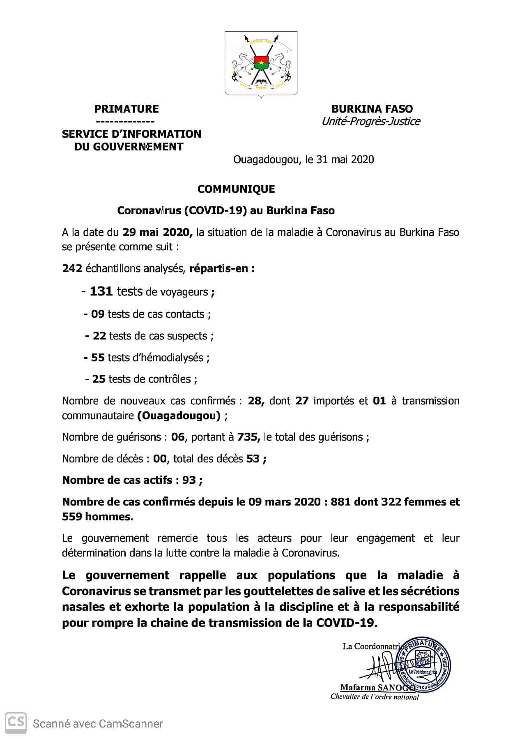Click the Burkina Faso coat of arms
[261, 64]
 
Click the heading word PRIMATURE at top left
[126, 109]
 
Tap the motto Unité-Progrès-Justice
[370, 122]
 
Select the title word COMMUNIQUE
[236, 189]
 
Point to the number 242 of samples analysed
[72, 269]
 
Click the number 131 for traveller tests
[101, 291]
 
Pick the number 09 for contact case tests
[98, 314]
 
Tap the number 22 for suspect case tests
[99, 336]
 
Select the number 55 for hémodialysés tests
[98, 358]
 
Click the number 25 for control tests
[99, 379]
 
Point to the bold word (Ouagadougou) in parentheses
[179, 416]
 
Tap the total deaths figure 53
[253, 459]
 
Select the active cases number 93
[189, 480]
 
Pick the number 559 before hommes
[72, 517]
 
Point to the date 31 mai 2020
[345, 159]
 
